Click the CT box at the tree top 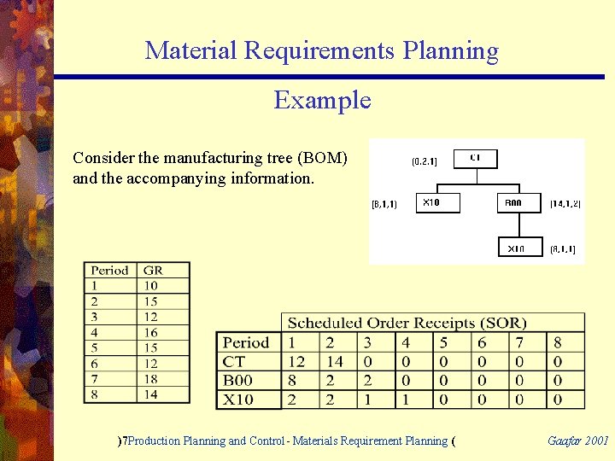click(475, 157)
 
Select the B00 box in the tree click(518, 203)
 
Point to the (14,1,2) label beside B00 click(565, 203)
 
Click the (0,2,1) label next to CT click(424, 161)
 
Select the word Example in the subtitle click(322, 101)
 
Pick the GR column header click(154, 271)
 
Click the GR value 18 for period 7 click(151, 378)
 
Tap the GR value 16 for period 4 click(151, 332)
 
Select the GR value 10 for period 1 click(151, 286)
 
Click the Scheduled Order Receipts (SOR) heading click(407, 323)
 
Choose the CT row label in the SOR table click(234, 362)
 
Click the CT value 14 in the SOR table click(335, 362)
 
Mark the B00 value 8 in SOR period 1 click(293, 381)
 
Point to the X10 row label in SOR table click(238, 400)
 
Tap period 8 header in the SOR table click(558, 343)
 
